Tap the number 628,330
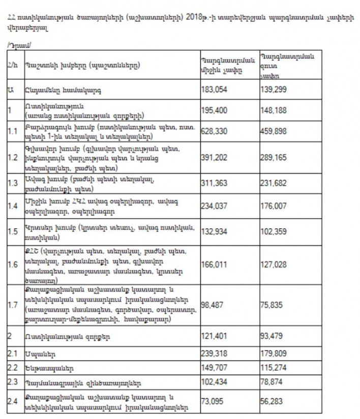click(215, 131)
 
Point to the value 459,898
click(274, 131)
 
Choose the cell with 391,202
click(215, 158)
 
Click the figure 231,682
click(274, 183)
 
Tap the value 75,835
click(272, 306)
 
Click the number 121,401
click(215, 336)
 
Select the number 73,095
click(214, 402)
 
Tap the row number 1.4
click(11, 206)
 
